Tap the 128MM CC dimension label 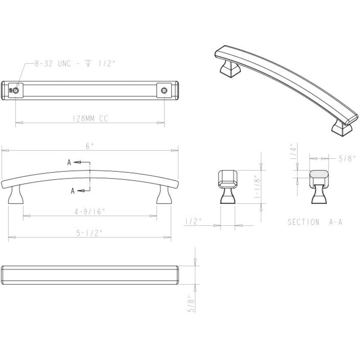click(x=90, y=119)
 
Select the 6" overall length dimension click(x=90, y=146)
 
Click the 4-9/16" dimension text click(x=90, y=212)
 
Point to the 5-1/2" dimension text click(x=90, y=233)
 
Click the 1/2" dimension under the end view click(x=193, y=222)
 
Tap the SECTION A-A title click(x=315, y=222)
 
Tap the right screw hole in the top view click(x=165, y=90)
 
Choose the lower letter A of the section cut click(x=72, y=191)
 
